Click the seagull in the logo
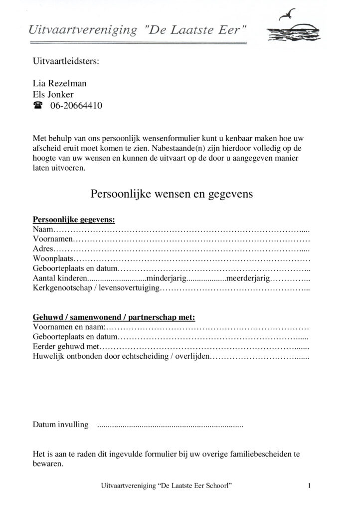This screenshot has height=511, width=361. (289, 14)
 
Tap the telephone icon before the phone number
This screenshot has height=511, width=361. (38, 106)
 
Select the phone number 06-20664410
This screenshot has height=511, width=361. (76, 106)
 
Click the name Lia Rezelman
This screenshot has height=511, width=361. (59, 83)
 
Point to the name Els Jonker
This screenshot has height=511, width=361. (53, 94)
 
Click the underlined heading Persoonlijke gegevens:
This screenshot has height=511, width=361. (74, 220)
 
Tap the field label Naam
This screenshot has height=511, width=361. (42, 230)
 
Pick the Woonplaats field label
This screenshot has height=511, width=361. (53, 259)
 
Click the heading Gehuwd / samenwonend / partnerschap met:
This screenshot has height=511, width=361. (114, 317)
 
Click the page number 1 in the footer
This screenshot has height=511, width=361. (310, 485)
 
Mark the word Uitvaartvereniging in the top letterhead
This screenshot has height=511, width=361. (83, 31)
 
